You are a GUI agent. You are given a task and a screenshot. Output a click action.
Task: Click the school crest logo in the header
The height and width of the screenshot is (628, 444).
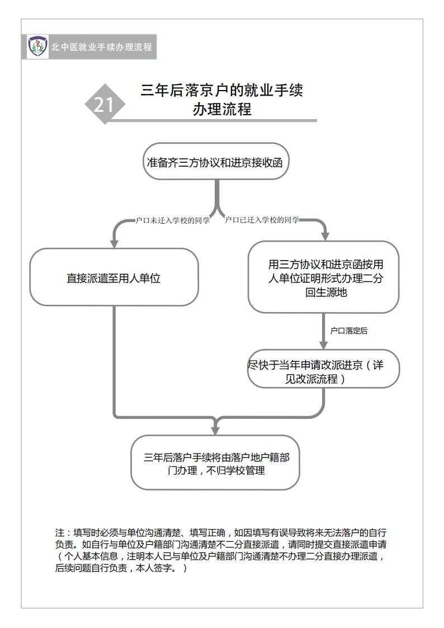pos(37,46)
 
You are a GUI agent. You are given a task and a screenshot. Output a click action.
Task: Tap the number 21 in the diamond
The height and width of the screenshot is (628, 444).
pos(103,105)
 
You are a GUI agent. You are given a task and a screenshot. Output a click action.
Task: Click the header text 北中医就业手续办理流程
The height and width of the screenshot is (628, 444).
pos(101,47)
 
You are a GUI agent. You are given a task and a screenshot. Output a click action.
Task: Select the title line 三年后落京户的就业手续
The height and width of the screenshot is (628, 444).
pos(222,90)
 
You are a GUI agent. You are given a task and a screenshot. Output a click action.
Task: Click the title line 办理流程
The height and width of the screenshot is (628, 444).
pos(222,109)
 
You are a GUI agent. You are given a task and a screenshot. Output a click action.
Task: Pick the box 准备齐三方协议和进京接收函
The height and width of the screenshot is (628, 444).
pos(216,162)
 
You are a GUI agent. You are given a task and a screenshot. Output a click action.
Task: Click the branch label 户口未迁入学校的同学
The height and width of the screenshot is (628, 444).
pos(173,220)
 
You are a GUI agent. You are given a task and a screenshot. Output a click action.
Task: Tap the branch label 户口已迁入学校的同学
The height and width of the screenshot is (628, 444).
pos(262,220)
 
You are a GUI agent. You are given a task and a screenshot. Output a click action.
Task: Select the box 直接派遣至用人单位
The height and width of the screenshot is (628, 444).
pos(114,277)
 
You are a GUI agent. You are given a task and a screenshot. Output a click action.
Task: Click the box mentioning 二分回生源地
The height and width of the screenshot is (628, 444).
pos(323,277)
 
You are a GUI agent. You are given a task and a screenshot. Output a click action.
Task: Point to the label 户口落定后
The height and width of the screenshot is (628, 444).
pos(349,331)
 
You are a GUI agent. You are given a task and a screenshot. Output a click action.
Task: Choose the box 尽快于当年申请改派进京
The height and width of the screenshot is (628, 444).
pos(323,369)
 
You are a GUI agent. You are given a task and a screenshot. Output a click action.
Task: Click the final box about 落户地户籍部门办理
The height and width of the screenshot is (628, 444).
pos(215,462)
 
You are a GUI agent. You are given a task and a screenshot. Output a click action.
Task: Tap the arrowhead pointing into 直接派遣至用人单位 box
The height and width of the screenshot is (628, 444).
pos(114,243)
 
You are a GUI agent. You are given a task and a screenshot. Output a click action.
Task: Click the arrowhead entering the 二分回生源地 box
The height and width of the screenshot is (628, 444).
pos(325,236)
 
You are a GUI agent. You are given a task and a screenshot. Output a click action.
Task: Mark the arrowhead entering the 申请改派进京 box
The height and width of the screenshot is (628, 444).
pos(323,345)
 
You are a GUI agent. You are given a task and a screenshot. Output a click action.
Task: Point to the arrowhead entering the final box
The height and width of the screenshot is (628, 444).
pos(215,431)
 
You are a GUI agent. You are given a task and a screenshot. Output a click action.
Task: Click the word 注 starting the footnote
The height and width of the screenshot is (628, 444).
pos(60,533)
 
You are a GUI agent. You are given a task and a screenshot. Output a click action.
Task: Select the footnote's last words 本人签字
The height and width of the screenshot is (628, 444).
pos(153,568)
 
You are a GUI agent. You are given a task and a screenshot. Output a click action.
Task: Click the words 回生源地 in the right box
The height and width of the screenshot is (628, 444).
pos(326,292)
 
